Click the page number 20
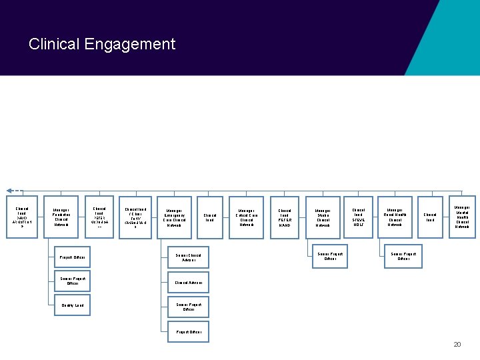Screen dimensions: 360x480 [x=457, y=344]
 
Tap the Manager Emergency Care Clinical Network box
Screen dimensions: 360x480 [x=174, y=218]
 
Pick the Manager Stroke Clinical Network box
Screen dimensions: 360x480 [x=323, y=218]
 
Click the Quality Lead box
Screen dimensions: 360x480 [x=73, y=305]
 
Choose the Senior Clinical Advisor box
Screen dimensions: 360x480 [x=188, y=257]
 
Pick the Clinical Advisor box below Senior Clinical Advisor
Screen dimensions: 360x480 [x=188, y=283]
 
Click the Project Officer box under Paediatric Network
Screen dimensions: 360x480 [x=73, y=257]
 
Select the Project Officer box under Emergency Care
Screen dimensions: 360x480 [x=188, y=331]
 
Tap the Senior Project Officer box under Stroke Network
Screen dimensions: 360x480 [x=330, y=256]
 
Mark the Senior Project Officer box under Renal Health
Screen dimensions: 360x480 [x=403, y=256]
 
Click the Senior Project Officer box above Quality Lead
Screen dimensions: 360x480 [x=73, y=281]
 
